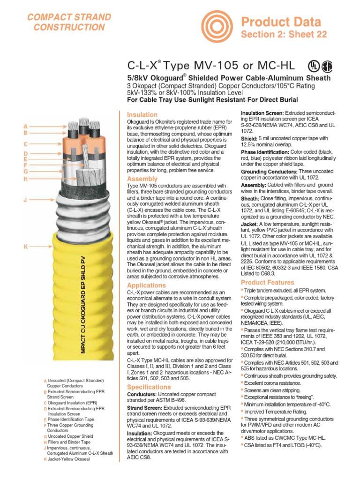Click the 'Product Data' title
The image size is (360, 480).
[x=288, y=22]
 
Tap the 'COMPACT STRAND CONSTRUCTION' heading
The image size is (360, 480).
[x=69, y=22]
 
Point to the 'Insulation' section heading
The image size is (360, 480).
[x=142, y=114]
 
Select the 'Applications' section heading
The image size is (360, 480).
[x=146, y=285]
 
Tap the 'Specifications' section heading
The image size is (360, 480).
[x=149, y=387]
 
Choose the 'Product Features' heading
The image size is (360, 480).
[x=267, y=282]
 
